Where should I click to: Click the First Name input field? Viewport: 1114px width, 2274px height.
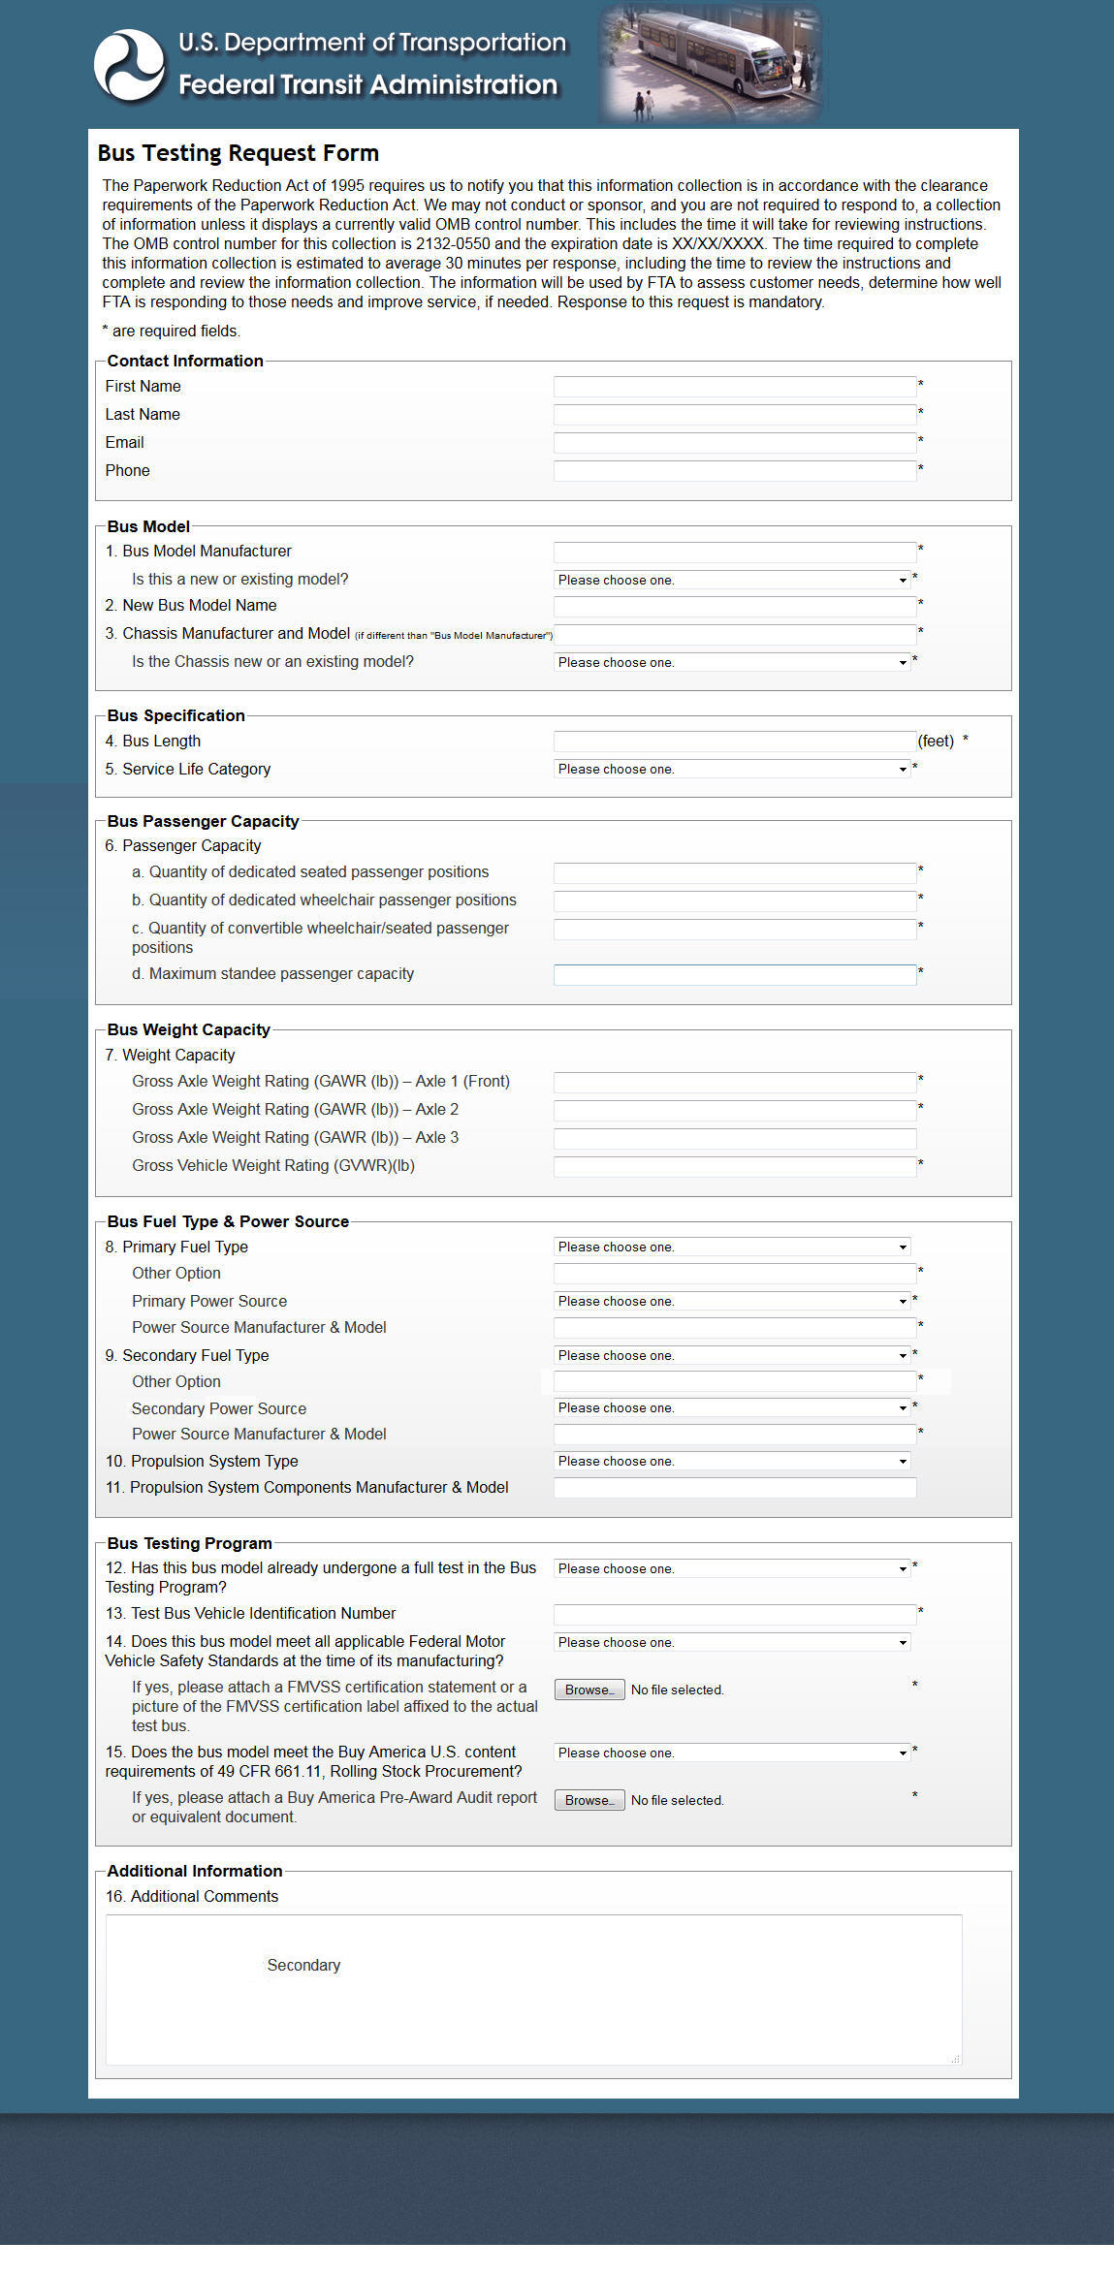click(x=734, y=387)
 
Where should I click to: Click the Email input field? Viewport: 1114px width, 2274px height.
click(x=734, y=443)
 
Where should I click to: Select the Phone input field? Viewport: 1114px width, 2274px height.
click(x=734, y=471)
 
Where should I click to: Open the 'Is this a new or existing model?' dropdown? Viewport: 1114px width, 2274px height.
click(x=732, y=580)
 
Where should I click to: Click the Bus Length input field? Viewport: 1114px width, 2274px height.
click(x=734, y=742)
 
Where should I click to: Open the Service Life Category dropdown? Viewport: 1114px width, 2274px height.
click(x=732, y=769)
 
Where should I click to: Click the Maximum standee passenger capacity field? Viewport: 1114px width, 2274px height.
click(x=734, y=974)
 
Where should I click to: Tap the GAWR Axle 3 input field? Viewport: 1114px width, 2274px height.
click(x=734, y=1138)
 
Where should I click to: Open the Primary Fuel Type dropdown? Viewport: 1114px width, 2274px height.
click(x=732, y=1247)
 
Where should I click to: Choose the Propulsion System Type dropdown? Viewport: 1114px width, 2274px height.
click(x=732, y=1461)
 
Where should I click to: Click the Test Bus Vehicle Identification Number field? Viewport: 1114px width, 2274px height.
click(x=734, y=1614)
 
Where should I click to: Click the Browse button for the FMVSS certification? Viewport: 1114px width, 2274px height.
click(x=589, y=1690)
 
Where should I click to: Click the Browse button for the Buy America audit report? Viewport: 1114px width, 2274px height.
click(x=589, y=1800)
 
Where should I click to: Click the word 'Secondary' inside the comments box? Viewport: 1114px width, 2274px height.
click(x=303, y=1965)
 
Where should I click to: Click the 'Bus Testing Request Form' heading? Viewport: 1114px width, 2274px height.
click(x=238, y=153)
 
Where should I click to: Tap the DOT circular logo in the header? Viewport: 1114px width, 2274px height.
click(x=129, y=65)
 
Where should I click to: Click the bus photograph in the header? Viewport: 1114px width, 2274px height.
click(x=711, y=64)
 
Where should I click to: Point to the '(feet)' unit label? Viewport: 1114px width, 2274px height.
click(x=936, y=742)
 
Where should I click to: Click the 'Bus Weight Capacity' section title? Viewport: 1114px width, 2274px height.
click(x=188, y=1029)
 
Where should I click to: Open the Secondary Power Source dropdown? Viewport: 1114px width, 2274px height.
click(x=732, y=1407)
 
